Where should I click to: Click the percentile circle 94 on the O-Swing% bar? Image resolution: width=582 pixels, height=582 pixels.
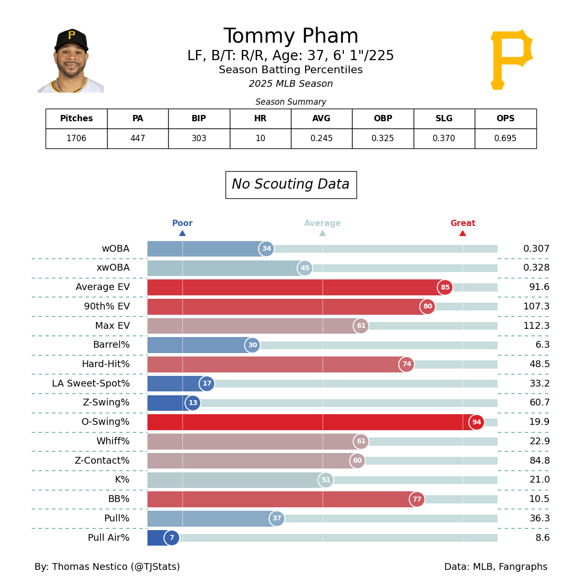[x=476, y=422]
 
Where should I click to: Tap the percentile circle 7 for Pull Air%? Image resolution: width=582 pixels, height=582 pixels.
[x=172, y=538]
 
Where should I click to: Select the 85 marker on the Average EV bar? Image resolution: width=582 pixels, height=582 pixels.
[x=445, y=287]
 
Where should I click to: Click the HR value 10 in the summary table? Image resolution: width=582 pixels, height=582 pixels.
[x=260, y=138]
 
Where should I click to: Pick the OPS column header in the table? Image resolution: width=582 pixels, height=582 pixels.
[x=505, y=118]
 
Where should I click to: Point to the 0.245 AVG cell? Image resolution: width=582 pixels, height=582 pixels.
[x=322, y=138]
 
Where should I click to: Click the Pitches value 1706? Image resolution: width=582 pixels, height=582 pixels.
[x=76, y=138]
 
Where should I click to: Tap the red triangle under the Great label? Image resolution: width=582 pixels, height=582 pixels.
[x=463, y=233]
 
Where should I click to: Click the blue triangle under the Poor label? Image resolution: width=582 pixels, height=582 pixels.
[x=182, y=233]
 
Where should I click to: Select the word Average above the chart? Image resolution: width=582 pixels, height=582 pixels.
[x=323, y=224]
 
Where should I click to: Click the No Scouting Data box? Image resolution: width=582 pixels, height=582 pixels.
[x=291, y=185]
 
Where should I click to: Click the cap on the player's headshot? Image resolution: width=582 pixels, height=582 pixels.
[x=71, y=39]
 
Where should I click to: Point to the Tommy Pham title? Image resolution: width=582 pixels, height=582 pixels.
[x=291, y=37]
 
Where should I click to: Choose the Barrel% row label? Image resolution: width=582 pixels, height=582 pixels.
[x=111, y=345]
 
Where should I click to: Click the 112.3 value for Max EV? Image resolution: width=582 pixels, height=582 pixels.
[x=536, y=326]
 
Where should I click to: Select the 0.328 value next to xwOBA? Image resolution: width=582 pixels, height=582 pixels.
[x=536, y=268]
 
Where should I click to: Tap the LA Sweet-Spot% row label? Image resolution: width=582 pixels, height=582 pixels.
[x=91, y=384]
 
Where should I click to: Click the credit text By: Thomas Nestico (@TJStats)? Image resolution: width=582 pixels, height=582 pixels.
[x=107, y=567]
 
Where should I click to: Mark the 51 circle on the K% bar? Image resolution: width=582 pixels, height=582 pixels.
[x=326, y=480]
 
